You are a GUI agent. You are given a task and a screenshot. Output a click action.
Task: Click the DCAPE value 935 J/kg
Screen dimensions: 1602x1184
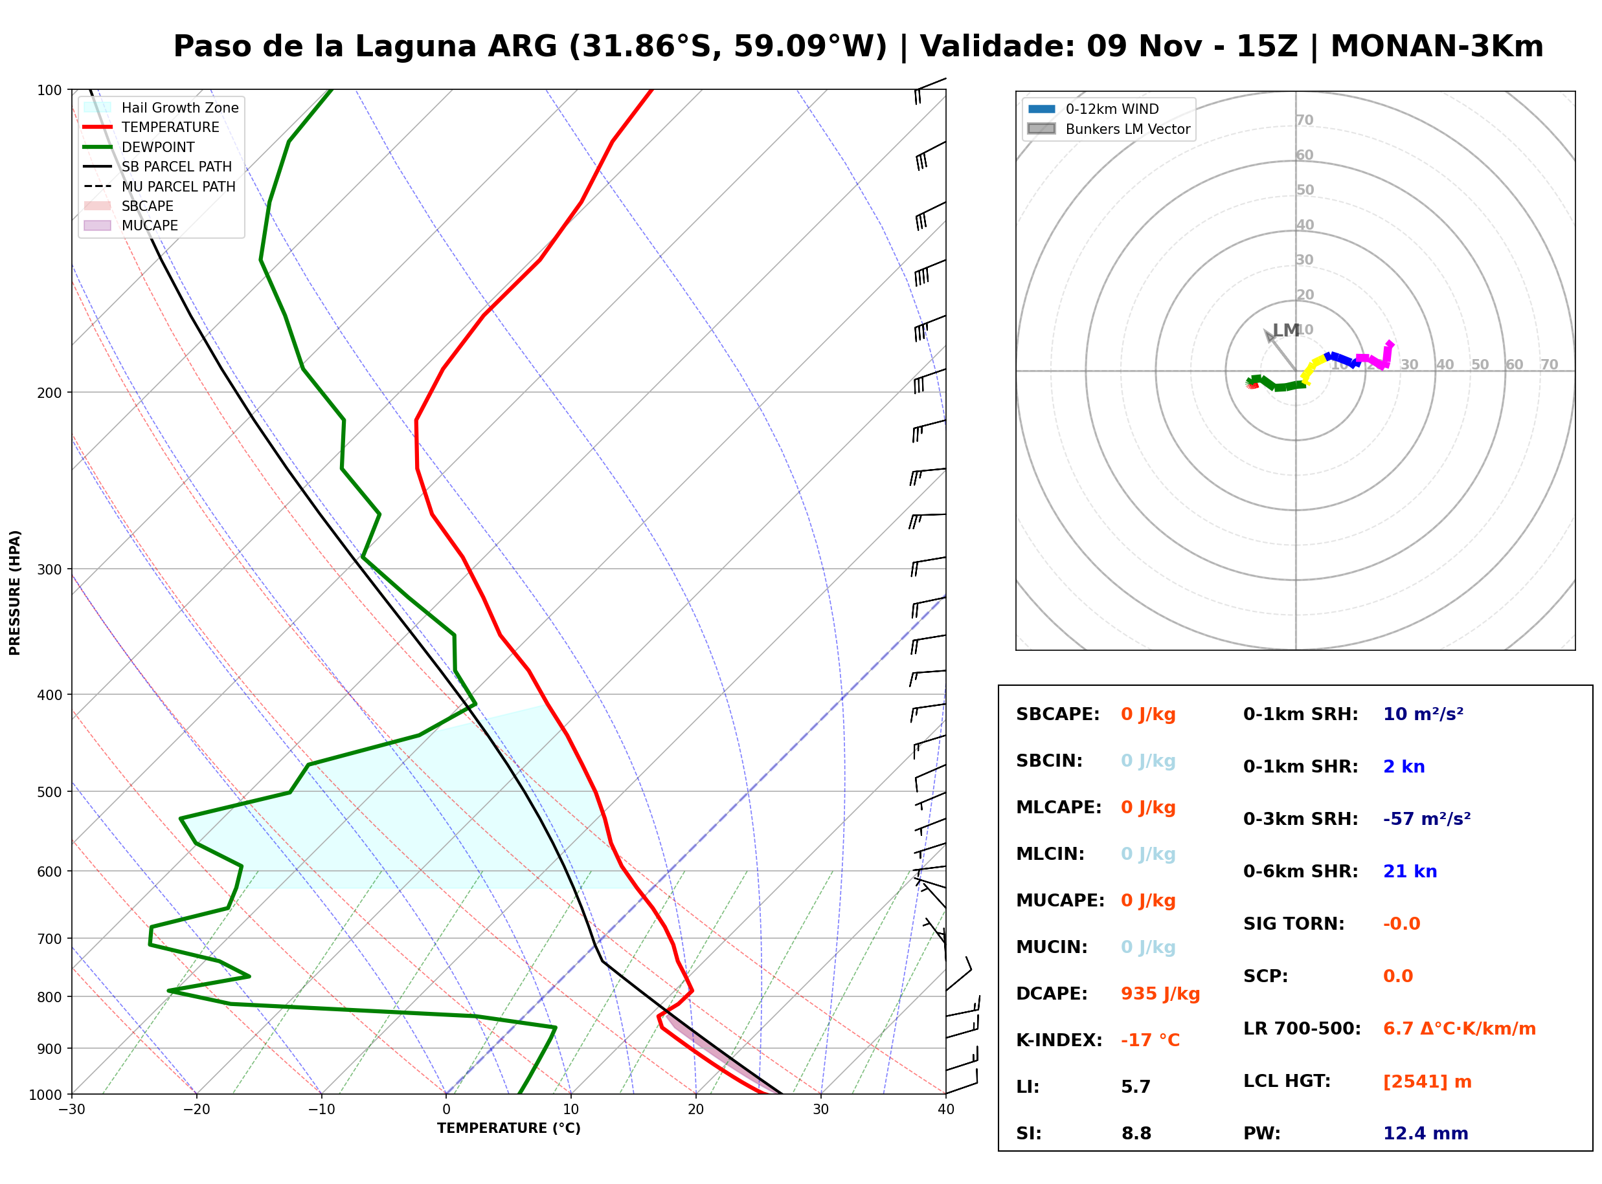[1160, 994]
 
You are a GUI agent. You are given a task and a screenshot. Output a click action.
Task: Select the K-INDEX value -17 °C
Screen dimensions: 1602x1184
[1150, 1040]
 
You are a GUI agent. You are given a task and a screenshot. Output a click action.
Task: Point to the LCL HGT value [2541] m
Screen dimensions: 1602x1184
[1427, 1082]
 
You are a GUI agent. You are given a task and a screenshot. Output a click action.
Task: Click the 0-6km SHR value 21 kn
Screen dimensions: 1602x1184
[1410, 872]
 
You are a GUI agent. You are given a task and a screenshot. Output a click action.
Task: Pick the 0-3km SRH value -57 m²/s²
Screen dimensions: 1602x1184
[1427, 819]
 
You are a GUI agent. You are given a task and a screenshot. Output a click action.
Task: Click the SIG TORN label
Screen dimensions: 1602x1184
[1294, 924]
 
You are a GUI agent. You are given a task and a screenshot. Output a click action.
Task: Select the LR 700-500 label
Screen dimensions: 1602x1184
[1302, 1029]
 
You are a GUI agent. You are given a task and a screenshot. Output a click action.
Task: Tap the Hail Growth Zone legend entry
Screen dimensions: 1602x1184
[161, 107]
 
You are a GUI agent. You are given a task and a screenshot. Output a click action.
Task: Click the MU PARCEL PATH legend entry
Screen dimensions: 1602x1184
[160, 186]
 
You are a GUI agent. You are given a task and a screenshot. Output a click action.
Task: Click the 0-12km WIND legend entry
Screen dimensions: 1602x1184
[1094, 109]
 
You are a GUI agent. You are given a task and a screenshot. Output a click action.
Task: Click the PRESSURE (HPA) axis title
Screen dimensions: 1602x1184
[15, 593]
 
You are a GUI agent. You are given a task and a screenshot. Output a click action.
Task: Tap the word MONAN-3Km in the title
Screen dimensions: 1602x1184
[1437, 47]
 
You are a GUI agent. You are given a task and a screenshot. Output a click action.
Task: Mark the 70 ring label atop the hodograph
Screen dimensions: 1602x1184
[1304, 120]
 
